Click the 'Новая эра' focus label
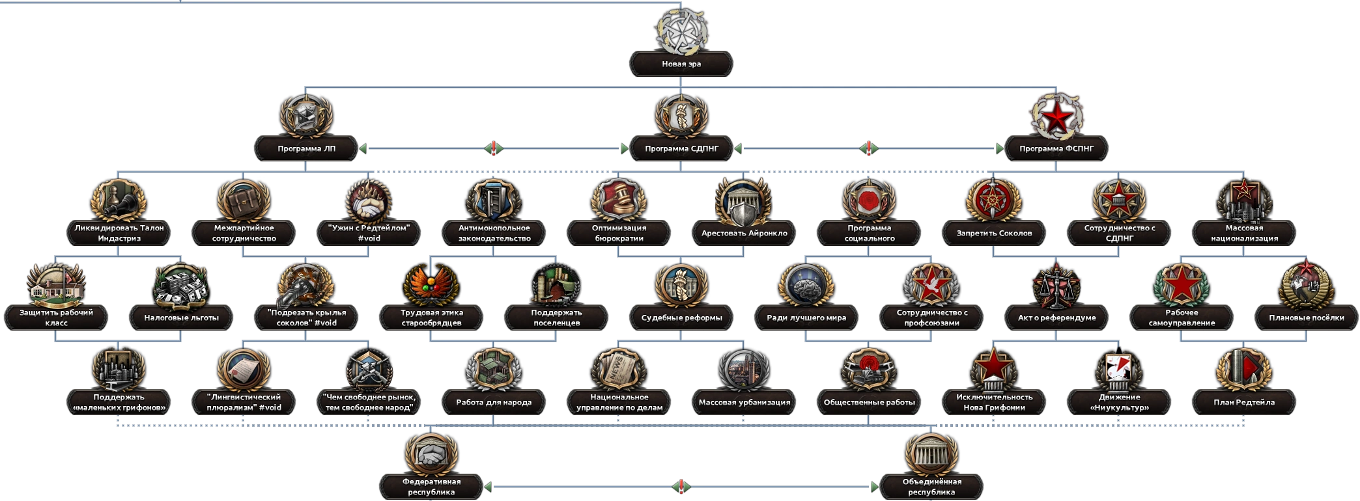[x=681, y=64]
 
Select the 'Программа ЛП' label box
[x=307, y=148]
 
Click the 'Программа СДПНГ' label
[x=681, y=148]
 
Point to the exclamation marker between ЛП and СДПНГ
[x=494, y=148]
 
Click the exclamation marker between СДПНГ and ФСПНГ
[x=869, y=148]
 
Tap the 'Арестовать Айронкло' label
[x=744, y=233]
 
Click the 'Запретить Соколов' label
[x=994, y=233]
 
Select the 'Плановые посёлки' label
[x=1307, y=318]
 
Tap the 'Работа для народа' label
[x=494, y=402]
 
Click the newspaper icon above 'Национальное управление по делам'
[x=619, y=370]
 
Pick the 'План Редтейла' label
[x=1244, y=402]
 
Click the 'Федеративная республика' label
[x=431, y=487]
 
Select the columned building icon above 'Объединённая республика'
[x=931, y=454]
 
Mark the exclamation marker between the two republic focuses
[x=681, y=486]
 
